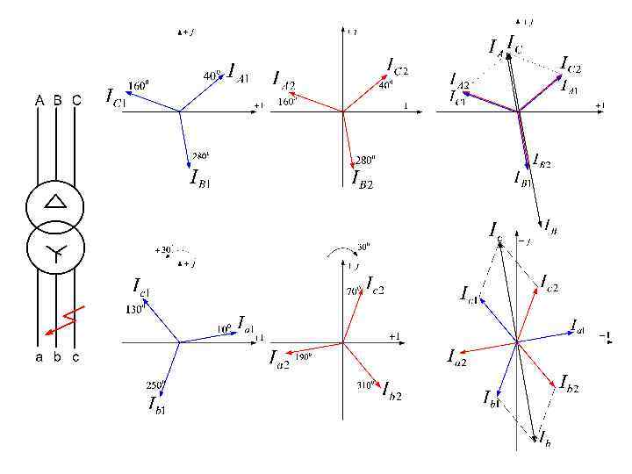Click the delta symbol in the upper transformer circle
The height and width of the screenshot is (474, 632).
pos(55,202)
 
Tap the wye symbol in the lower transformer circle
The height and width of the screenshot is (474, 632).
pos(55,255)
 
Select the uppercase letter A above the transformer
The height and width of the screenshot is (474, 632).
pos(39,100)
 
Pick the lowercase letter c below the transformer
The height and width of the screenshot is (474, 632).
pos(76,357)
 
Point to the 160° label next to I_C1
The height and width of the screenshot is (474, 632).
pos(138,86)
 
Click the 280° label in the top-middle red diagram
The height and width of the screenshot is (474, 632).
pos(365,160)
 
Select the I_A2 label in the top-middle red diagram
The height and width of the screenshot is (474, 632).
pos(284,82)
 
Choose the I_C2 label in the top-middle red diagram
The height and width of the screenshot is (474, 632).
pos(398,66)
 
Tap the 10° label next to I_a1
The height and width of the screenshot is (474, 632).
pos(225,328)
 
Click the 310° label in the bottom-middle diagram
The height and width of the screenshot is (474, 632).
pos(366,384)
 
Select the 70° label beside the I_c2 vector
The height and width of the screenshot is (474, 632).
pos(354,290)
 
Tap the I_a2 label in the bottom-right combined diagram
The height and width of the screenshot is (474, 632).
pos(456,355)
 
